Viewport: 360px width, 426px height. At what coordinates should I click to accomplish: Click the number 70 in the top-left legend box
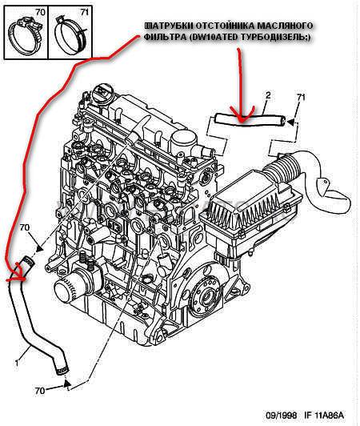coord(40,12)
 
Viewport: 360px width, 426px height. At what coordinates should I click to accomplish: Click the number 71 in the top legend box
coord(84,12)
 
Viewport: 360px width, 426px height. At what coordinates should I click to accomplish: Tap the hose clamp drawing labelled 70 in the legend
coord(26,35)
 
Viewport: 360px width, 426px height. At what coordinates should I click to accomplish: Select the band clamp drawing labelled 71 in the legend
coord(70,37)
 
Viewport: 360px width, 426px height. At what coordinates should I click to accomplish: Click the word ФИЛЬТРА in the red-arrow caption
coord(163,37)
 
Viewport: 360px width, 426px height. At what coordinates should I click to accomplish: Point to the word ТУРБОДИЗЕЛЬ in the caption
coord(275,37)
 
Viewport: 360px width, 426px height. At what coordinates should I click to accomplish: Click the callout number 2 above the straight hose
coord(268,95)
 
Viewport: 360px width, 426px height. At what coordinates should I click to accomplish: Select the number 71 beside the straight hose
coord(301,97)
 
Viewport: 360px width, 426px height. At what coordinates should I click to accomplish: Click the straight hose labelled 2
coord(250,120)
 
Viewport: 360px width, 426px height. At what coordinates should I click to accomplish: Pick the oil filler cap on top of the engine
coord(100,93)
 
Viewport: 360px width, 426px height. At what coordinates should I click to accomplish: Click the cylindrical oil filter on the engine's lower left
coord(67,287)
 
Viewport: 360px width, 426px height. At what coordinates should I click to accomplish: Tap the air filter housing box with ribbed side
coord(250,212)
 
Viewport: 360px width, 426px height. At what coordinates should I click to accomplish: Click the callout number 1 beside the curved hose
coord(17,363)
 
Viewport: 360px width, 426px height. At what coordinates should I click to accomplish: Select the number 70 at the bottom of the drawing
coord(40,391)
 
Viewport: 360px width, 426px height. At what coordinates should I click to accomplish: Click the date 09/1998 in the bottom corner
coord(282,415)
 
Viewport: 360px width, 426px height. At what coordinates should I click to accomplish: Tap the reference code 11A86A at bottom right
coord(330,415)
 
